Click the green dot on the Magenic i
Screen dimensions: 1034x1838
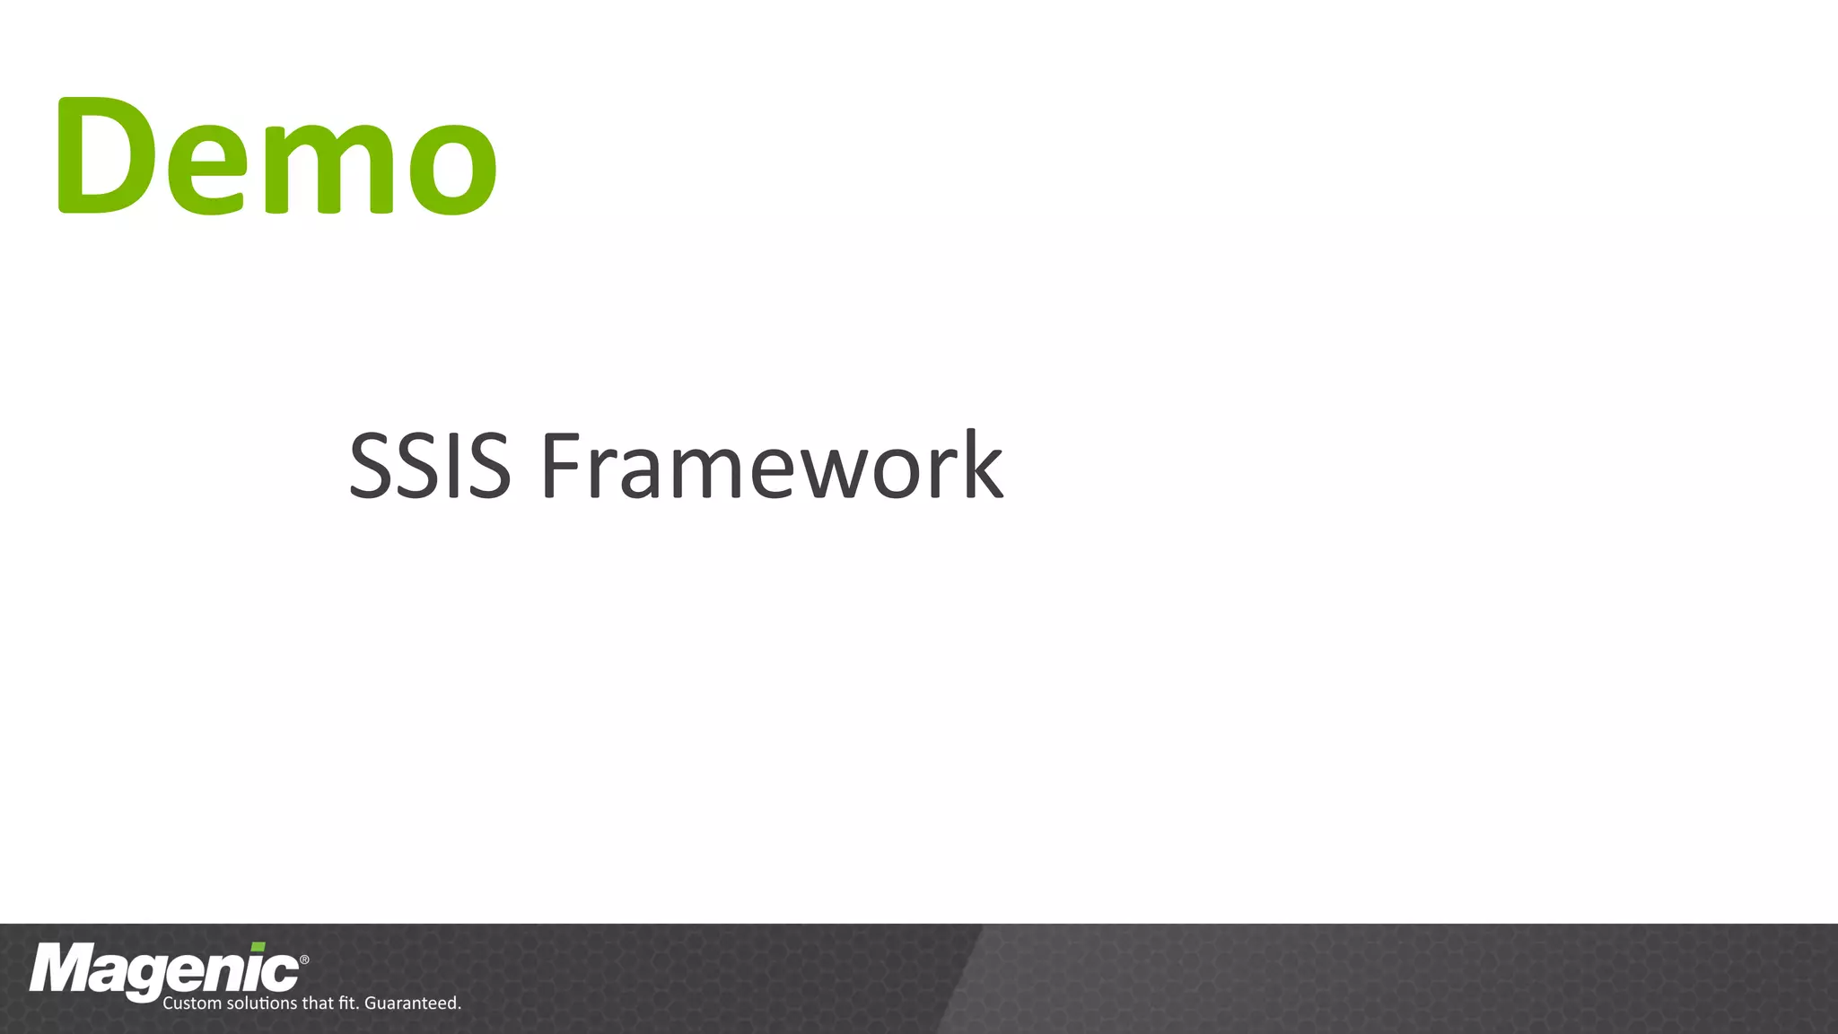coord(258,947)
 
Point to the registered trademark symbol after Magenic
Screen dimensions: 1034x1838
coord(304,960)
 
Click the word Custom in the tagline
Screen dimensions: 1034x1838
coord(191,1003)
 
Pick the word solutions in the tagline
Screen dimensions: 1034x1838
coord(262,1003)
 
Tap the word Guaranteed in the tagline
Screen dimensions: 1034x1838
coord(412,1003)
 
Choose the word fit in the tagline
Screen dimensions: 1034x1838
coord(348,1003)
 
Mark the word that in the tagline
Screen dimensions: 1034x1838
coord(318,1003)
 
